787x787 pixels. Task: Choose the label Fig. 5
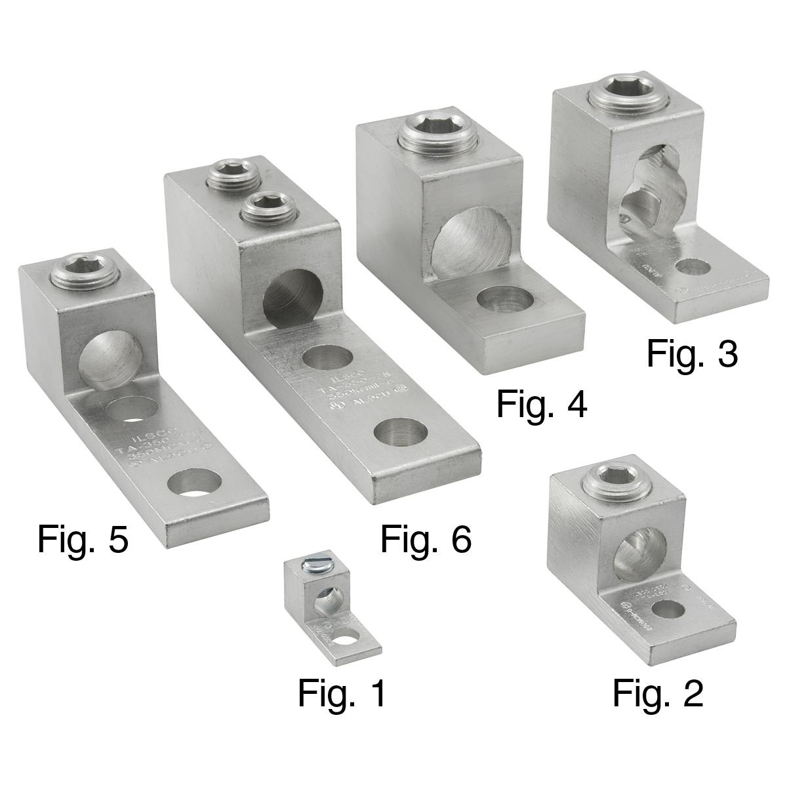83,539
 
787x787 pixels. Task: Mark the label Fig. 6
426,539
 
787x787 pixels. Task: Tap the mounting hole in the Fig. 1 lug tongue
348,634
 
